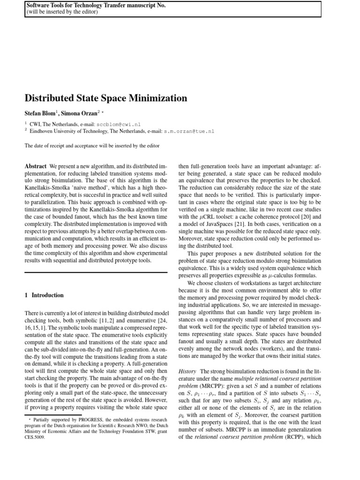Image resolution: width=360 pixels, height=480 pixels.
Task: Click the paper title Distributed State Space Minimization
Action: pos(105,98)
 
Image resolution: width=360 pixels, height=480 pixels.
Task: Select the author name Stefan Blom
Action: pos(41,113)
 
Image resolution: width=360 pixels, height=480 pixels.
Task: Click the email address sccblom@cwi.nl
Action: pos(118,125)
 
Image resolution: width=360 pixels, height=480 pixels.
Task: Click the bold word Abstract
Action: pos(35,166)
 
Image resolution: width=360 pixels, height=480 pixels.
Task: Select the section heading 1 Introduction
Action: pos(44,295)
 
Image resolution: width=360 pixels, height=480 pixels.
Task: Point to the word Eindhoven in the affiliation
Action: pos(45,132)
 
